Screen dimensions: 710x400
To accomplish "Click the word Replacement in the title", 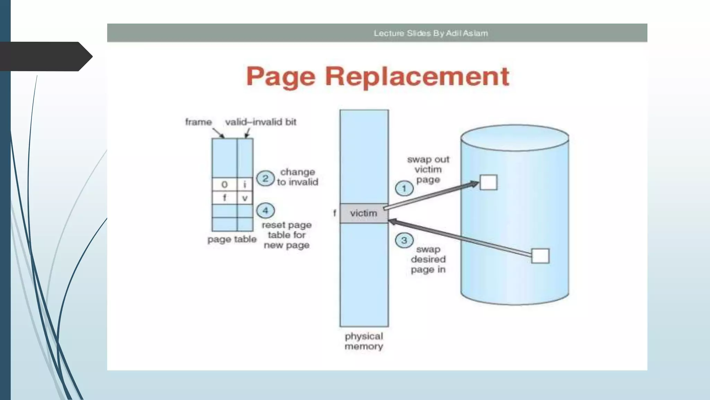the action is pyautogui.click(x=417, y=76).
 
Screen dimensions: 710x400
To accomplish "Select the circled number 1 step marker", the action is pyautogui.click(x=404, y=189).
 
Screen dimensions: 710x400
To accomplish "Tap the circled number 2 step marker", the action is pyautogui.click(x=265, y=178).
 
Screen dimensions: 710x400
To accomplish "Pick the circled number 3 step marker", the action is pyautogui.click(x=404, y=240).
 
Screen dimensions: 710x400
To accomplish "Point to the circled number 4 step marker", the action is pyautogui.click(x=265, y=210).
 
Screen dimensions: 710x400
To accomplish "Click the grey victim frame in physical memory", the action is pyautogui.click(x=364, y=213).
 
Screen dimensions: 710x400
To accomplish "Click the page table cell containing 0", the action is pyautogui.click(x=224, y=184).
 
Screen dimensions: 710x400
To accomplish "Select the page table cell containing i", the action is pyautogui.click(x=245, y=184).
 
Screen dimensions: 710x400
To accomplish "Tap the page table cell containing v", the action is pyautogui.click(x=245, y=198).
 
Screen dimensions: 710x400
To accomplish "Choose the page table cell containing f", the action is pyautogui.click(x=224, y=198).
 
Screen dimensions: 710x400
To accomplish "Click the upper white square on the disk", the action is pyautogui.click(x=488, y=182).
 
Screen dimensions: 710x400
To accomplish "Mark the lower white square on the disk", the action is pyautogui.click(x=540, y=256).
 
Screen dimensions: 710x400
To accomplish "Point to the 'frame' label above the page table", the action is pyautogui.click(x=198, y=122).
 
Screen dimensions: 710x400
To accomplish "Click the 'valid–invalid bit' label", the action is pyautogui.click(x=261, y=122).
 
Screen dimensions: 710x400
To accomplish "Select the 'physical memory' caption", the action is pyautogui.click(x=364, y=341).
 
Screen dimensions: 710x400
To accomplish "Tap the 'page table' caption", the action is pyautogui.click(x=232, y=239).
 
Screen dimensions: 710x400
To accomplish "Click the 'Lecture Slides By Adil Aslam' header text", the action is pyautogui.click(x=431, y=33).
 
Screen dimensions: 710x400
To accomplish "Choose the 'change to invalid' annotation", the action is pyautogui.click(x=297, y=177).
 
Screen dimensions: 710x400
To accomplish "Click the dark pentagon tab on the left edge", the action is pyautogui.click(x=45, y=56).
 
